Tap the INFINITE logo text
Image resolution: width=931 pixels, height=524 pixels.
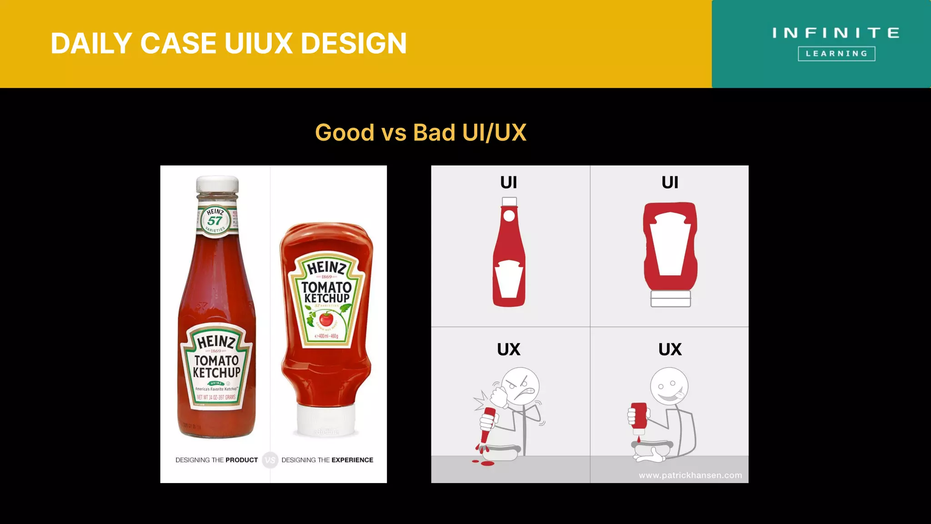pos(836,33)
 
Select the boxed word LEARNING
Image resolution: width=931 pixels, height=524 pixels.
pos(836,54)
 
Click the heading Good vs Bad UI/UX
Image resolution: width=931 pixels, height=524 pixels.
pos(420,133)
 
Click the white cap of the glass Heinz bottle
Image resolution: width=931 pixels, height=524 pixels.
pos(217,185)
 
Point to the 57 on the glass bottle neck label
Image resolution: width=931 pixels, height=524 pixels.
pos(215,221)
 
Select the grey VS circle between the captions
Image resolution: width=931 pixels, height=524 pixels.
pos(270,460)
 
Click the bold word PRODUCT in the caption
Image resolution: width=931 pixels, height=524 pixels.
pos(241,460)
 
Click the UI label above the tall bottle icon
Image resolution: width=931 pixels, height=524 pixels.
pos(509,182)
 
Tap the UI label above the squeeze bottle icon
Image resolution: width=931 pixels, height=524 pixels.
pos(670,182)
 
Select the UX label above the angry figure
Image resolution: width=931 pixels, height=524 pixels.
pos(509,349)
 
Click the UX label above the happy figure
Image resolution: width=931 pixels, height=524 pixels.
pos(670,349)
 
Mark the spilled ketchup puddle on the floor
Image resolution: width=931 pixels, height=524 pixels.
pos(487,464)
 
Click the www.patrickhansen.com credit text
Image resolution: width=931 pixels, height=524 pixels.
pos(690,475)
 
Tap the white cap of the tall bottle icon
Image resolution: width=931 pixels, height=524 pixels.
pos(509,202)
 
